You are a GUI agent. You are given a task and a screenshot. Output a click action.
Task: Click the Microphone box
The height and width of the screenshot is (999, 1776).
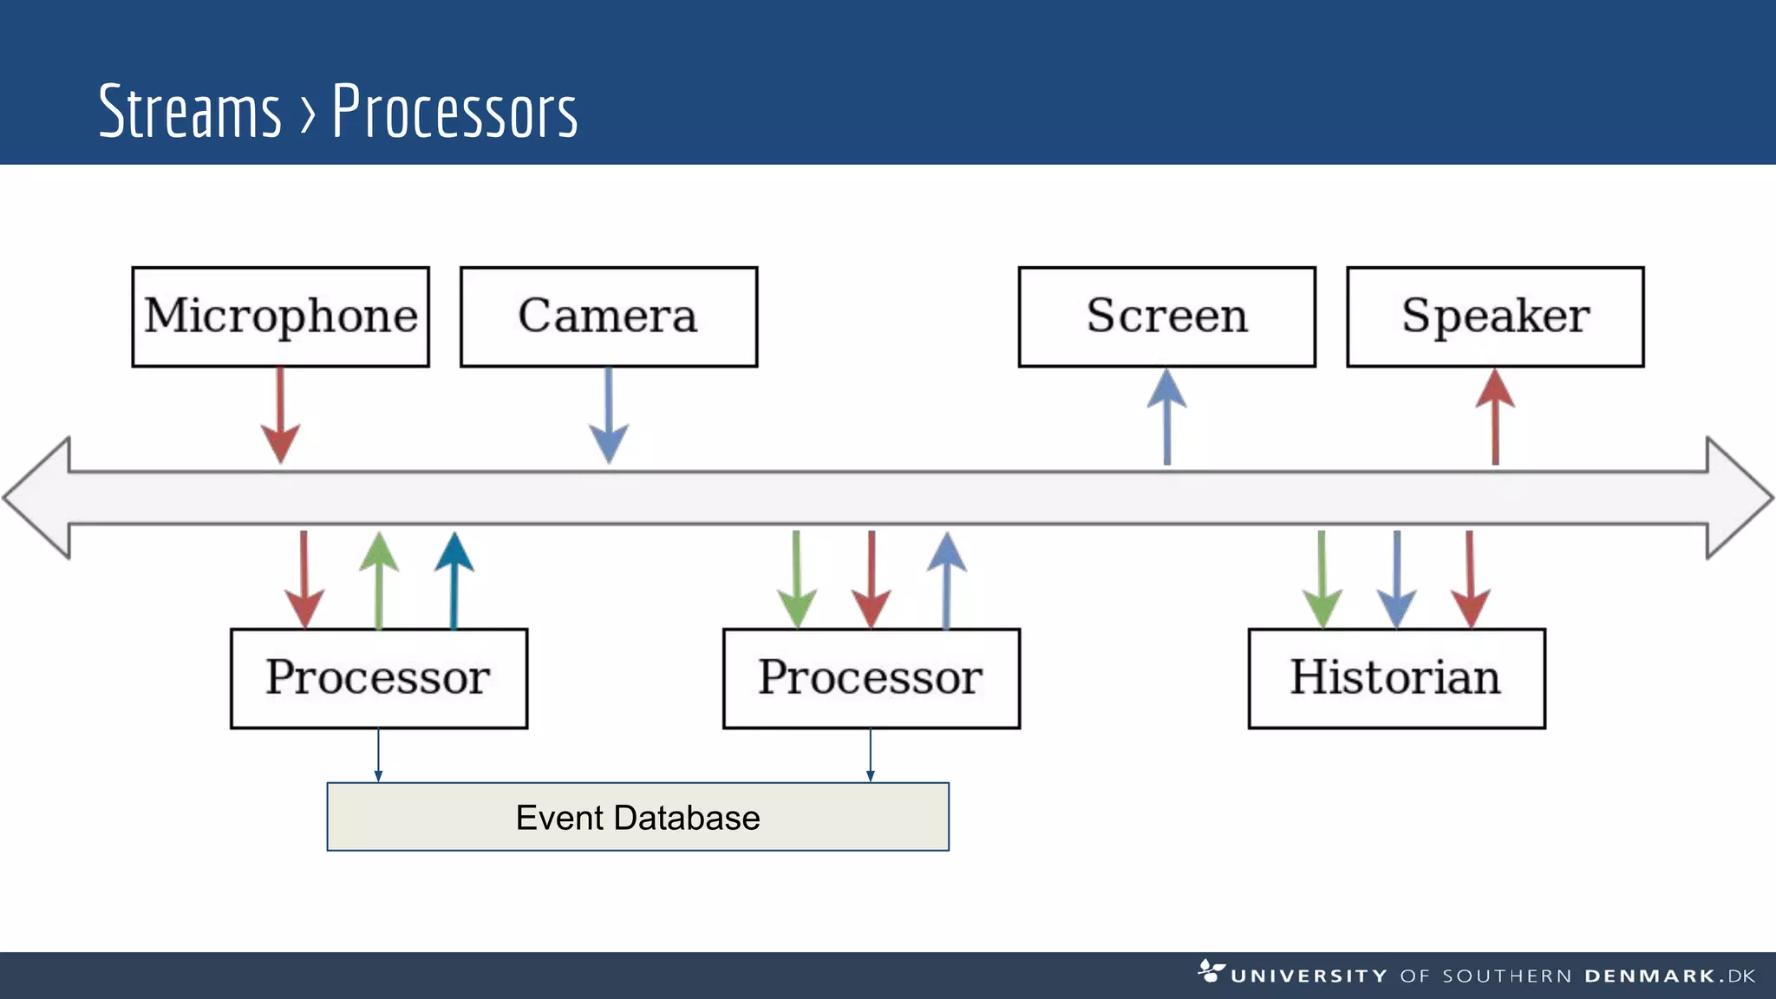[280, 317]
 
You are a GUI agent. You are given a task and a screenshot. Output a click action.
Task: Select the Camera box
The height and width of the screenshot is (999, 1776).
[608, 317]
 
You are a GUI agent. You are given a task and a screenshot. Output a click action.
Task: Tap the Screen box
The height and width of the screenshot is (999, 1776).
[1166, 317]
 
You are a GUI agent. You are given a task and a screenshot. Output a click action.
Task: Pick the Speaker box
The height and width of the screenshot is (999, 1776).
[1494, 317]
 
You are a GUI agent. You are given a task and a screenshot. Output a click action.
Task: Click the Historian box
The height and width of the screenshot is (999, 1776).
[1396, 678]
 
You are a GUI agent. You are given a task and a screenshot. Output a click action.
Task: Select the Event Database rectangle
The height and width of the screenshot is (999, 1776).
[637, 817]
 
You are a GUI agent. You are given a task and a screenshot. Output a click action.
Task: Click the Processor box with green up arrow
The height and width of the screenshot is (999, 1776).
[379, 678]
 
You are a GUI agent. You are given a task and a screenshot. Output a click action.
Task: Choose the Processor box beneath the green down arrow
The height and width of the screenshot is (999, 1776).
[871, 678]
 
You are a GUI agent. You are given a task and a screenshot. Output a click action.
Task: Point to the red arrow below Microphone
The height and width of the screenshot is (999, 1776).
[280, 416]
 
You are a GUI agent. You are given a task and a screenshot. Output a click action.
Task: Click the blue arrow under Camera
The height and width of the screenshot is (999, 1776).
[609, 416]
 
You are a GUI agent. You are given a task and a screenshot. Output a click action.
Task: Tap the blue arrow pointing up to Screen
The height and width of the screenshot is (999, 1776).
[1167, 416]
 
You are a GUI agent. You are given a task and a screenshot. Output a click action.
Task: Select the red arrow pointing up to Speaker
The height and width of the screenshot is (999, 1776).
[1495, 416]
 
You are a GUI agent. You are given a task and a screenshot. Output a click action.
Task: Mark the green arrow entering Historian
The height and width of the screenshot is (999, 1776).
[1322, 579]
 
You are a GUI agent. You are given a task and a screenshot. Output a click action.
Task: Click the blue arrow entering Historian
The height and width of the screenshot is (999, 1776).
[1396, 579]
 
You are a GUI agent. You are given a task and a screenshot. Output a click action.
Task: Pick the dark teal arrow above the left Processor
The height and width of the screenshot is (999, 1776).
[454, 579]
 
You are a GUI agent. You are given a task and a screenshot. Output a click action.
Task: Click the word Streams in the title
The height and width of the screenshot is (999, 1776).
[190, 112]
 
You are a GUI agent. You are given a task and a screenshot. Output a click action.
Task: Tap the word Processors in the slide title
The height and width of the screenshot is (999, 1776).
[454, 112]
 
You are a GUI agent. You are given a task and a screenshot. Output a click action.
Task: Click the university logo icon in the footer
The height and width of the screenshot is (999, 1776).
[1211, 971]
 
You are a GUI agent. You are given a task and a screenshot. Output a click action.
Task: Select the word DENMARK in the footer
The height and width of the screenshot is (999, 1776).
[1650, 976]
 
